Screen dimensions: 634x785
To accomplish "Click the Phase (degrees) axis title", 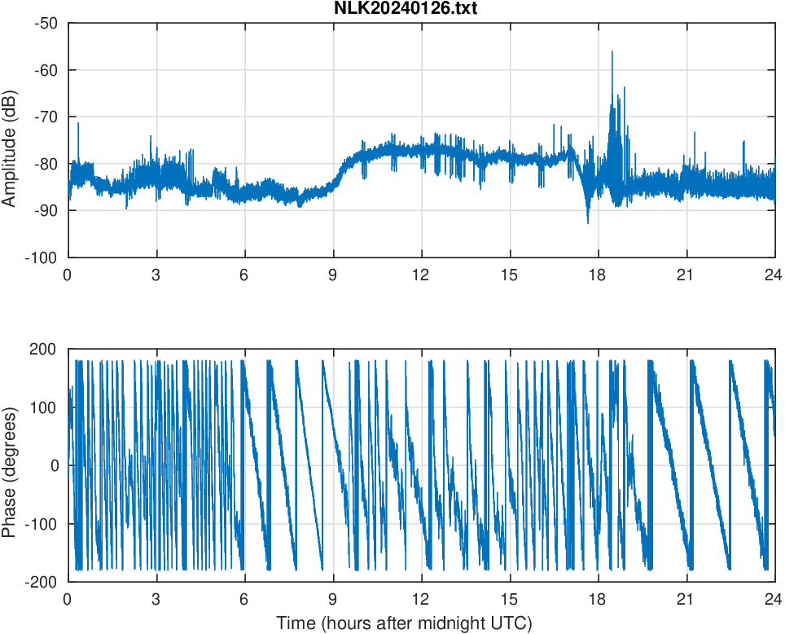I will coord(10,465).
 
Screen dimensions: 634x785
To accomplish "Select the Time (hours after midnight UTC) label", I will coord(404,623).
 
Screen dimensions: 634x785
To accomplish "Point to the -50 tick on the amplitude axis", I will coord(46,23).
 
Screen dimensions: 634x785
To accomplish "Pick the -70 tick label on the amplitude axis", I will coord(46,117).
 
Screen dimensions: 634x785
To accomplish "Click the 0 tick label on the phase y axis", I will coord(55,465).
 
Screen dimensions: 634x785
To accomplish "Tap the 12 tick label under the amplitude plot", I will coord(421,275).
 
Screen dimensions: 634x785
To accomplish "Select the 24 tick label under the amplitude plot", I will coord(774,275).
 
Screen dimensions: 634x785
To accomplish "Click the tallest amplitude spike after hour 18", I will coord(612,52).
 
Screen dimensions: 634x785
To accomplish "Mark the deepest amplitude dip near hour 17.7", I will coord(588,222).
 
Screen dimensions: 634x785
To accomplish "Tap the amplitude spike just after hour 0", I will coord(78,124).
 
